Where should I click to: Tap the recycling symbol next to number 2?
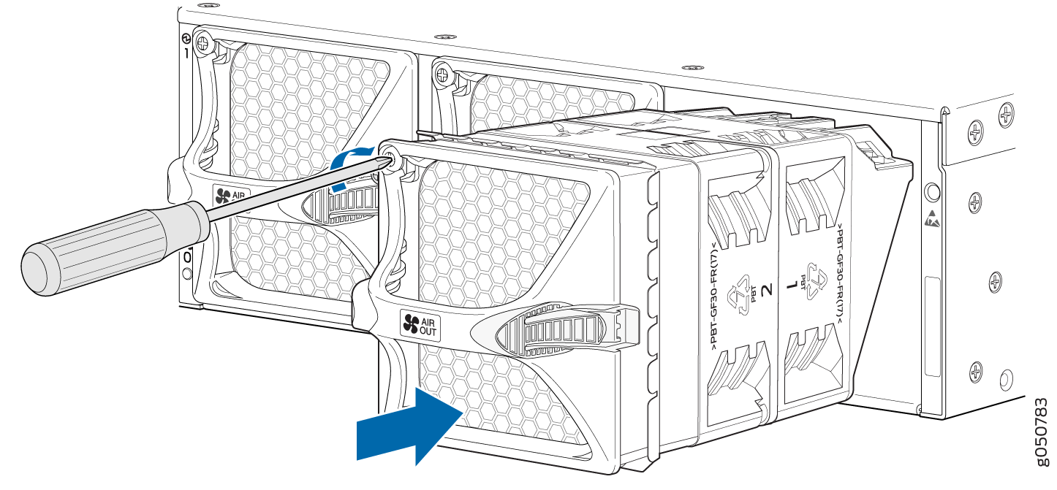[744, 290]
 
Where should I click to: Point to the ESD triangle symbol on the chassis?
[931, 218]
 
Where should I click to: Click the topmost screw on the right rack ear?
[1007, 114]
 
